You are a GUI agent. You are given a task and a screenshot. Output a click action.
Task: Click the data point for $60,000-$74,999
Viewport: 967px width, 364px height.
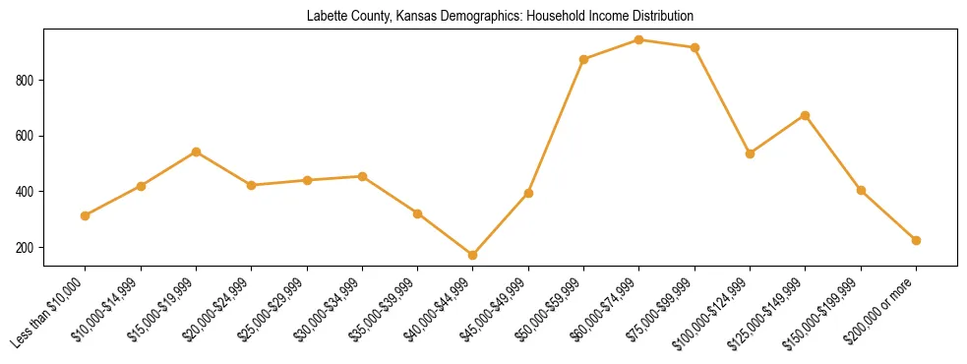(x=639, y=40)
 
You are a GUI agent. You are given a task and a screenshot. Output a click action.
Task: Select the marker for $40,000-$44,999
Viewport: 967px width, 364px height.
(x=473, y=255)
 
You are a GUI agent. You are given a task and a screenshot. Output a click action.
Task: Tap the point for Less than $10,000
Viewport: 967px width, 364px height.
(x=86, y=215)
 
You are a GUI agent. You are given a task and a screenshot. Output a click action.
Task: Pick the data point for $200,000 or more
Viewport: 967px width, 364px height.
(x=916, y=240)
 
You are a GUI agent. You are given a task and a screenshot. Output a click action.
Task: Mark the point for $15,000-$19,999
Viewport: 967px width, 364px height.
(x=196, y=152)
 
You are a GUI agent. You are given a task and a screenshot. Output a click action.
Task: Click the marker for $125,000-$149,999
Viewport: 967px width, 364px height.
(x=805, y=115)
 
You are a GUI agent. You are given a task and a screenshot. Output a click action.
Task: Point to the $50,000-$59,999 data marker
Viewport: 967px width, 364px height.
(x=583, y=59)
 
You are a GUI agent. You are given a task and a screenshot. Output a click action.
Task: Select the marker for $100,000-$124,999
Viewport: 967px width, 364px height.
(x=750, y=153)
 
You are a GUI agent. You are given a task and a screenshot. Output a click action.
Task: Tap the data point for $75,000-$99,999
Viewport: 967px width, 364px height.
(x=695, y=47)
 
